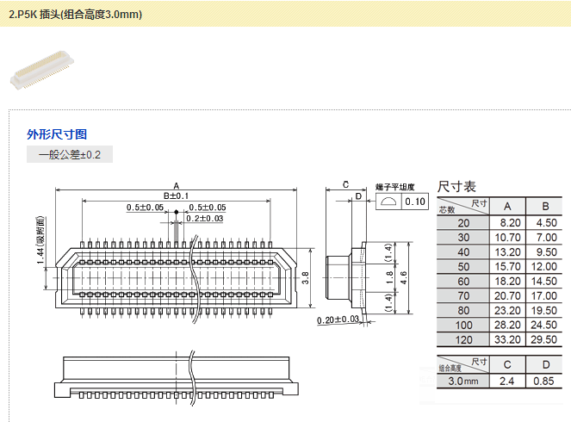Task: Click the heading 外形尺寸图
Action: (x=57, y=134)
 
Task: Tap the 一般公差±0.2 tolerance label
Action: (x=70, y=155)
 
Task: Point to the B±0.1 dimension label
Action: (x=176, y=196)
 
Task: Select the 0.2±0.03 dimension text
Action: (x=205, y=219)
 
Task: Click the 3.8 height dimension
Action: (x=306, y=277)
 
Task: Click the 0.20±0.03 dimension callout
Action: (x=338, y=320)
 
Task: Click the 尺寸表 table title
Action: (x=456, y=186)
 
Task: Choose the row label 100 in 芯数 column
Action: (x=464, y=325)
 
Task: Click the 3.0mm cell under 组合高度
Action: (x=463, y=380)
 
